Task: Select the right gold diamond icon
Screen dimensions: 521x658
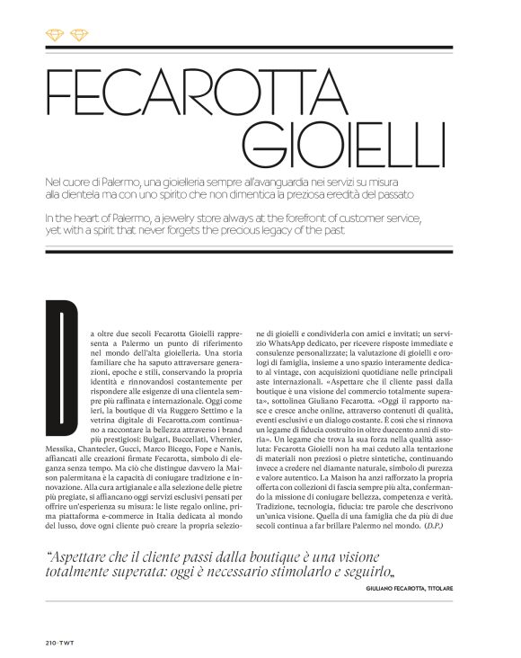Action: click(80, 34)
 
